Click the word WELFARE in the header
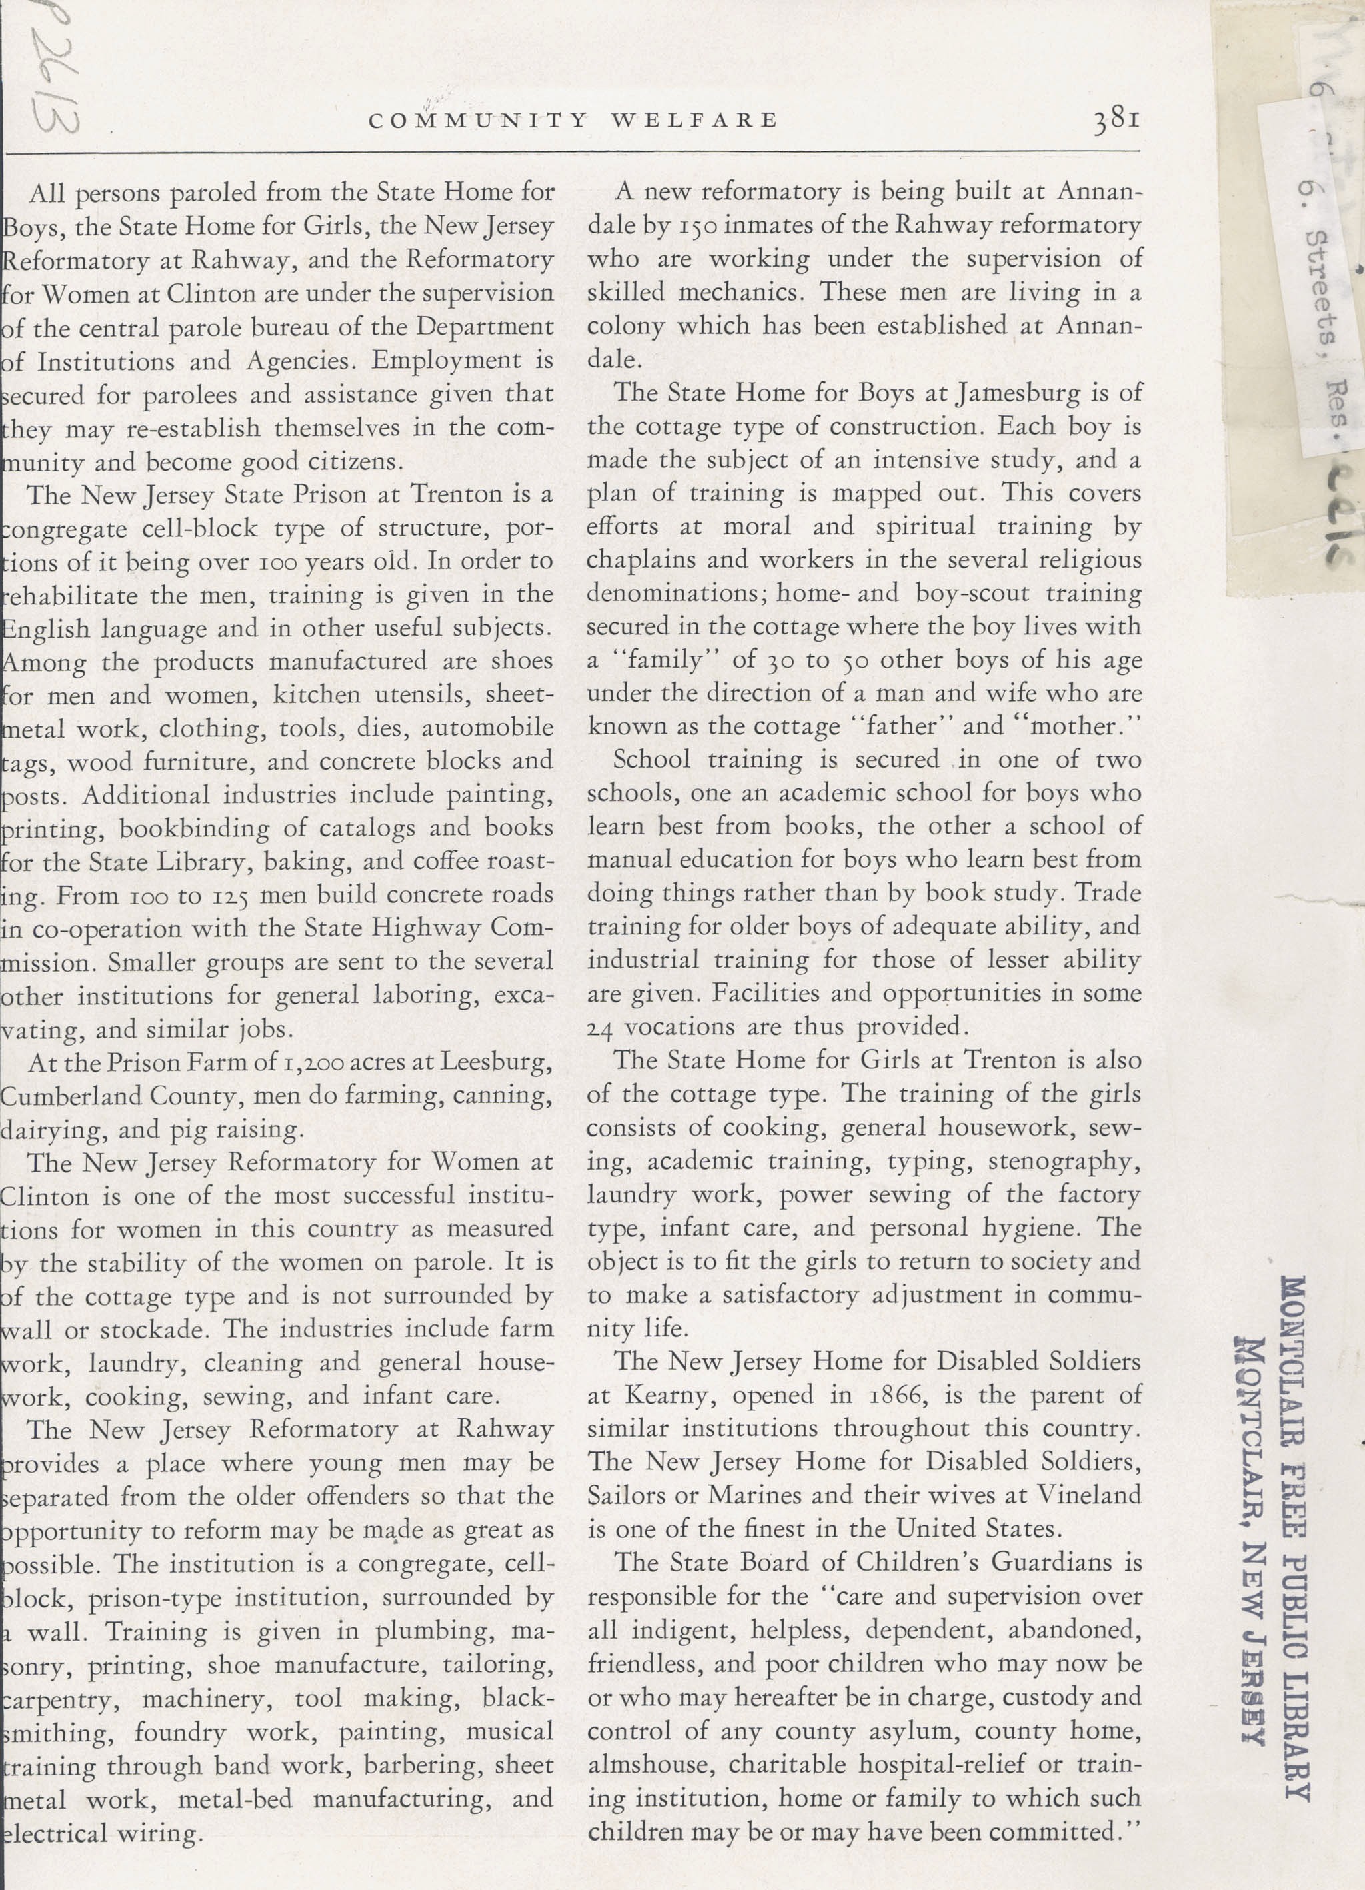(695, 121)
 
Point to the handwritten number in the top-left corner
(56, 79)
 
